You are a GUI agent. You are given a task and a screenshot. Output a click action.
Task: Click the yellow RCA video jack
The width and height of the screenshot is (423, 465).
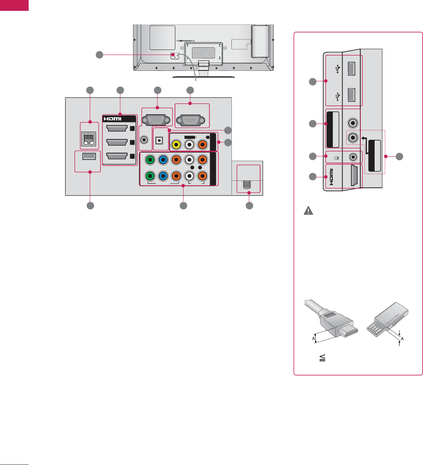click(176, 144)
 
